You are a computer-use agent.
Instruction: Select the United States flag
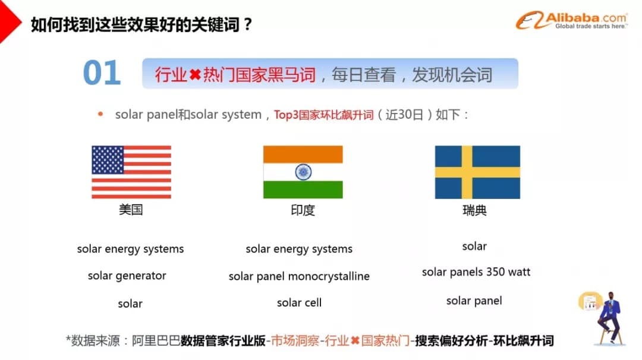pyautogui.click(x=131, y=172)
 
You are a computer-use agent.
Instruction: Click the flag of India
pyautogui.click(x=303, y=172)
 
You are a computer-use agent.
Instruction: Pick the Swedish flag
pyautogui.click(x=477, y=172)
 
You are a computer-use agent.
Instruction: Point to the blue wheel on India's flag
pyautogui.click(x=303, y=172)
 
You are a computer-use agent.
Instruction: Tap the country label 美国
pyautogui.click(x=131, y=210)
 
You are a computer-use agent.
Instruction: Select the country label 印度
pyautogui.click(x=303, y=210)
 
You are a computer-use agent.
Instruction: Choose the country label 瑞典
pyautogui.click(x=474, y=210)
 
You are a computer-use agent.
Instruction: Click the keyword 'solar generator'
pyautogui.click(x=127, y=276)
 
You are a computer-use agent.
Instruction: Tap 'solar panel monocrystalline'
pyautogui.click(x=299, y=277)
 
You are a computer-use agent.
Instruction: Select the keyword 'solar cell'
pyautogui.click(x=299, y=303)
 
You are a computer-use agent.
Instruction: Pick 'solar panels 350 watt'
pyautogui.click(x=476, y=272)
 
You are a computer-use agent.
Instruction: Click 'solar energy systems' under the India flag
pyautogui.click(x=299, y=250)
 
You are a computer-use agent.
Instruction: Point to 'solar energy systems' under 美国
pyautogui.click(x=130, y=250)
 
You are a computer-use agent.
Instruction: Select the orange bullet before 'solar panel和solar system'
pyautogui.click(x=100, y=114)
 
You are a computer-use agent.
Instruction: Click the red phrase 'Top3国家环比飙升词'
pyautogui.click(x=323, y=115)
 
